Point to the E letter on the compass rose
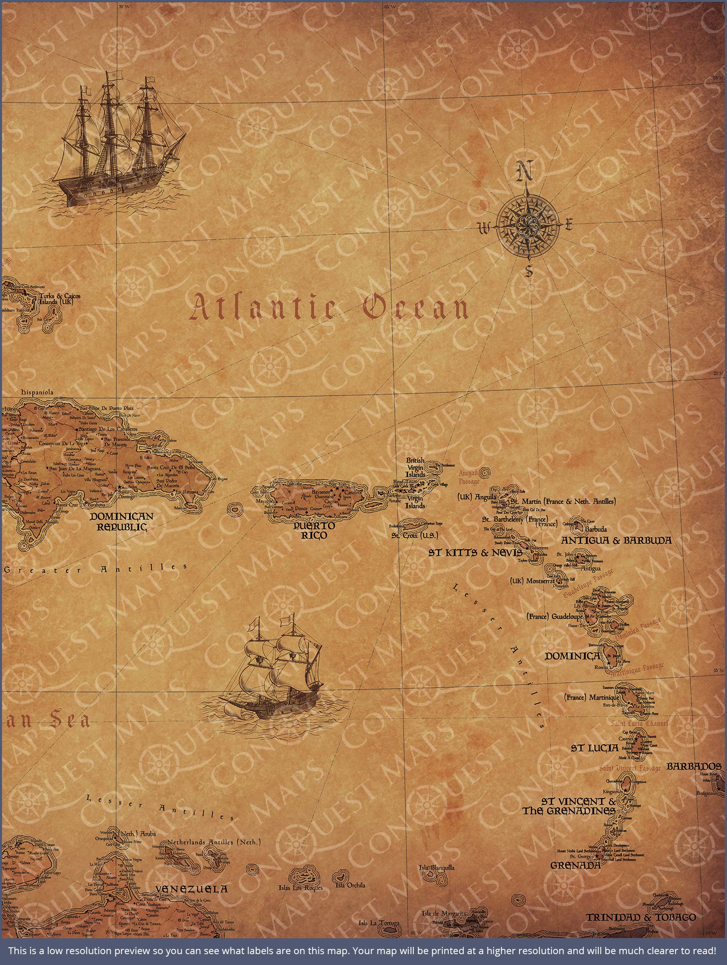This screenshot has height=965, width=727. (569, 225)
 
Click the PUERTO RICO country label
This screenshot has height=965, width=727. (314, 530)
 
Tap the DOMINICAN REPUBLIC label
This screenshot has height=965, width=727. (121, 522)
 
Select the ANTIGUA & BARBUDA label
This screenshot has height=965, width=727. (616, 540)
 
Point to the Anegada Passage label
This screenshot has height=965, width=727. (469, 477)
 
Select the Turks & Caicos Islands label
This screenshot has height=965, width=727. (60, 299)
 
